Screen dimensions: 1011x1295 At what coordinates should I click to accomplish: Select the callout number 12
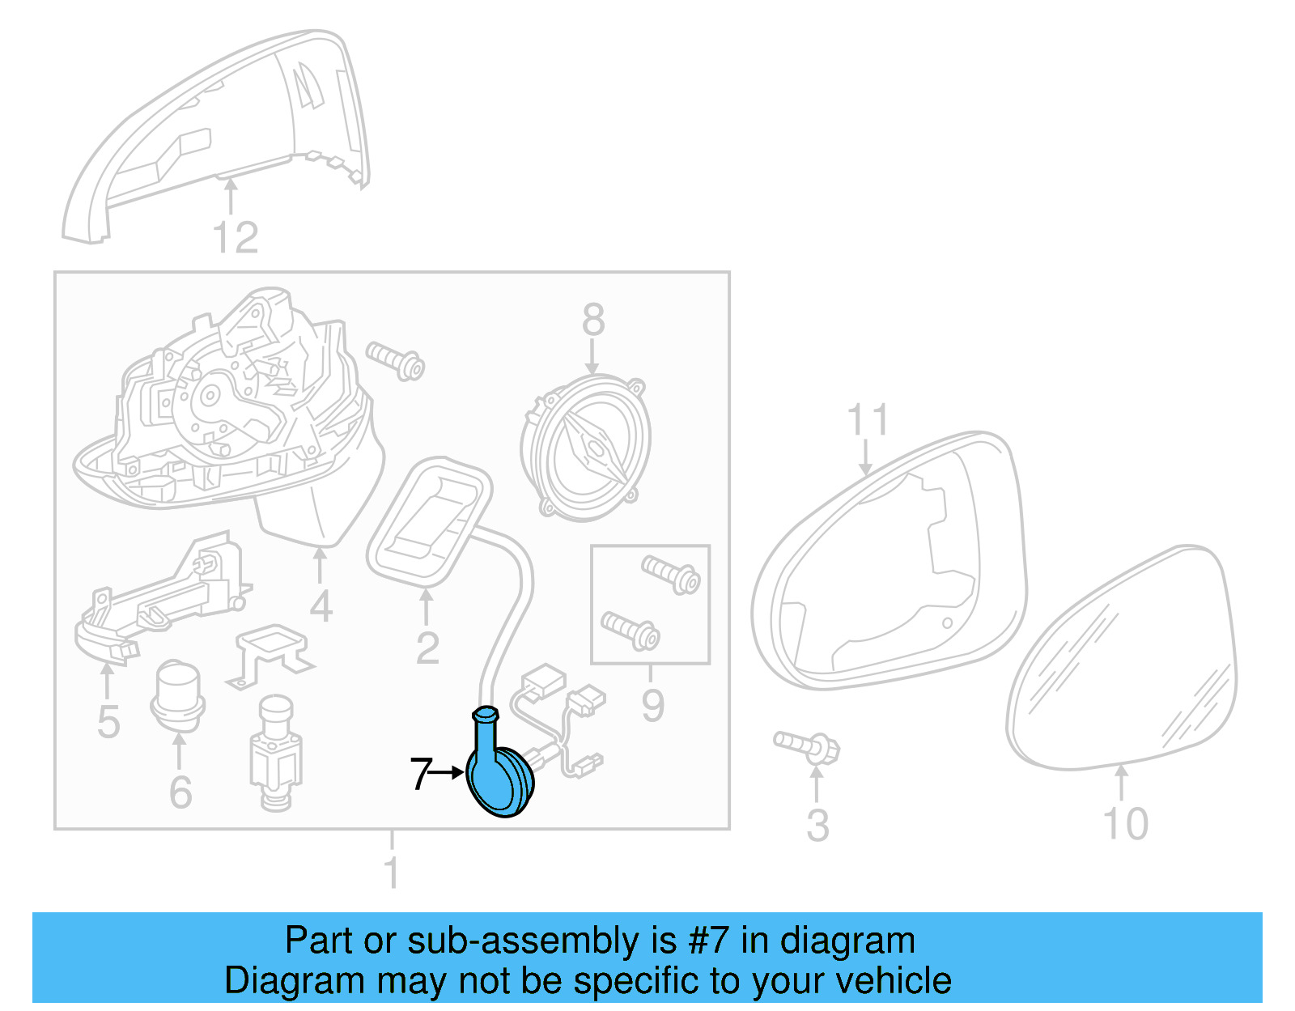click(x=235, y=238)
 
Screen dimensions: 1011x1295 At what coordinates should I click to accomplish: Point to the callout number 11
click(x=867, y=421)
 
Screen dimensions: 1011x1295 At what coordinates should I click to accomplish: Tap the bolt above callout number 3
click(x=807, y=746)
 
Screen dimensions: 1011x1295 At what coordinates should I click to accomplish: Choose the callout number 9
click(x=652, y=705)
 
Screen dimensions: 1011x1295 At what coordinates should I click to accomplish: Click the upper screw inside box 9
click(x=671, y=574)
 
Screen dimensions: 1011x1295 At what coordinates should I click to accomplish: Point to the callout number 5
click(x=108, y=721)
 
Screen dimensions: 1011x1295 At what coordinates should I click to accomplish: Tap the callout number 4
click(x=321, y=606)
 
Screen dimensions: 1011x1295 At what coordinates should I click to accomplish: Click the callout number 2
click(x=427, y=648)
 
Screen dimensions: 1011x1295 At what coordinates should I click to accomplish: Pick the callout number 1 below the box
click(x=392, y=873)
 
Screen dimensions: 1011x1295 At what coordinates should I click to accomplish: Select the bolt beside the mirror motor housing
click(x=395, y=361)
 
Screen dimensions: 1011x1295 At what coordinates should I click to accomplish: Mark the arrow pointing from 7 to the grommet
click(x=448, y=773)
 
